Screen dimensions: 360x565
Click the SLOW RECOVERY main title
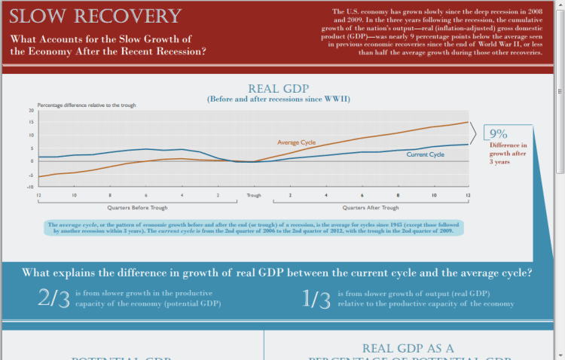[x=96, y=17]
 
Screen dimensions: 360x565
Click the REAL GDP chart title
[x=278, y=88]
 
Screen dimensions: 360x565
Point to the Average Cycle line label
[x=297, y=142]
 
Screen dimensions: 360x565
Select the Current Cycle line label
[x=426, y=154]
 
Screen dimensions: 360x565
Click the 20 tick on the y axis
[x=32, y=111]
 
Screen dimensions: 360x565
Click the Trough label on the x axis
[x=254, y=196]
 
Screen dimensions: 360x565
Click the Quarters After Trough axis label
[x=371, y=207]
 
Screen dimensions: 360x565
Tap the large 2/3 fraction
[x=53, y=298]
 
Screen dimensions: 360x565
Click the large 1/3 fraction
[x=316, y=298]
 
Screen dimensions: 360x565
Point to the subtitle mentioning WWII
[x=278, y=99]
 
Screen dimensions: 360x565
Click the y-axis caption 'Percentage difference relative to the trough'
[x=87, y=105]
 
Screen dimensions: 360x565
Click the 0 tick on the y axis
[x=32, y=160]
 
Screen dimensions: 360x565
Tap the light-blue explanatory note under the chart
[x=253, y=228]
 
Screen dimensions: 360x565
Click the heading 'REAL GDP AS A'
[x=408, y=349]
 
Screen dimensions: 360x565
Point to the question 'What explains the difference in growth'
[x=277, y=272]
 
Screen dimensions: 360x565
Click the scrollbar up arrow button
[x=560, y=5]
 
